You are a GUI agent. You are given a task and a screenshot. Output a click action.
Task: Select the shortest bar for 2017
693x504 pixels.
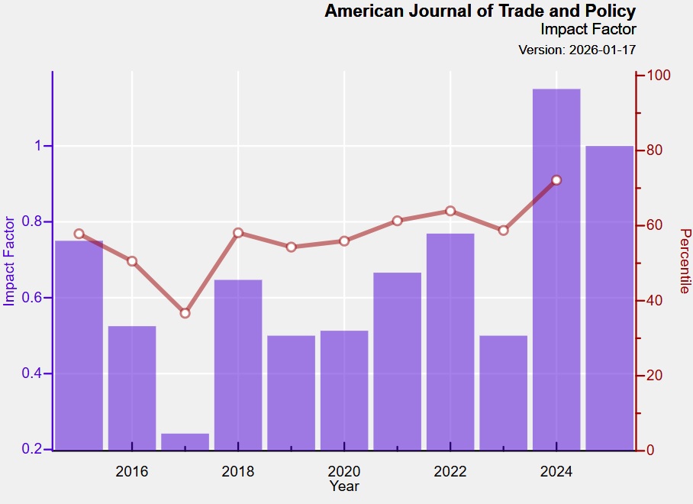click(185, 441)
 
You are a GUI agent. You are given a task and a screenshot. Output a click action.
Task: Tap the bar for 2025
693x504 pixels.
click(610, 298)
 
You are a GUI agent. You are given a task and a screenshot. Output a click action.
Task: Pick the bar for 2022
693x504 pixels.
click(450, 341)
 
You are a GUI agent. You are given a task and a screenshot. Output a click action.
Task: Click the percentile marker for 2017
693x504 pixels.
click(185, 313)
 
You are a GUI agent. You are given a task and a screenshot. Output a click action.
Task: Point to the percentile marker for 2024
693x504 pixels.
click(556, 180)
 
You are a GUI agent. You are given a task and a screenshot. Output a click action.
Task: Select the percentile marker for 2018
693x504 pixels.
click(238, 233)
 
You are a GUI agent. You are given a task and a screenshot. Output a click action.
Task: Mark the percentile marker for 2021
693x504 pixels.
click(398, 221)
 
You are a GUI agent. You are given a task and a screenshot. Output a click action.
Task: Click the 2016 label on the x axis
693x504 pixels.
click(132, 471)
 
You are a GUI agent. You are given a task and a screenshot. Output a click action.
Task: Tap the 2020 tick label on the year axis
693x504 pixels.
click(344, 471)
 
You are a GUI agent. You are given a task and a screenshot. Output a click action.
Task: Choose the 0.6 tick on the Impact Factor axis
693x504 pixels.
click(35, 298)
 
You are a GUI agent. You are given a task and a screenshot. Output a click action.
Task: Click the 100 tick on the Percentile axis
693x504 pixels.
click(658, 76)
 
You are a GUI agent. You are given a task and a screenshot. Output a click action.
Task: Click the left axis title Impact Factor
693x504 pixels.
click(10, 261)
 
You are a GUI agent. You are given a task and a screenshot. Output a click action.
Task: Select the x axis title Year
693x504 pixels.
click(344, 486)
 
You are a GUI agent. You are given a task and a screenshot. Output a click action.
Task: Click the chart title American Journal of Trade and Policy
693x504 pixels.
click(480, 11)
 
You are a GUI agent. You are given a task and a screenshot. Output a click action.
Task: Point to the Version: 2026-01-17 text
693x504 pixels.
click(577, 50)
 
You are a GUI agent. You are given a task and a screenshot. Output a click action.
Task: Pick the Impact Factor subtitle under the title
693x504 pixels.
click(588, 30)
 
